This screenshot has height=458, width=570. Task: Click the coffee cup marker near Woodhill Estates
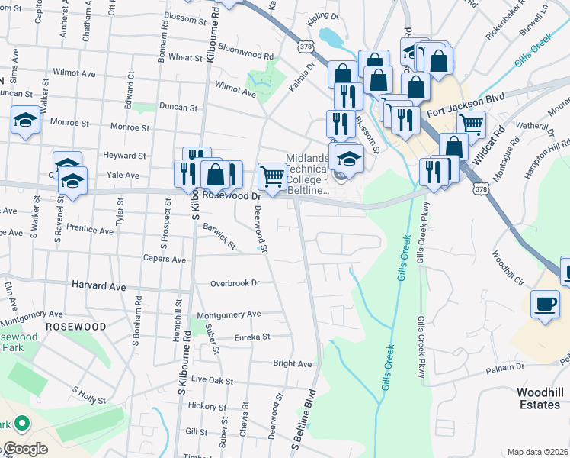(545, 304)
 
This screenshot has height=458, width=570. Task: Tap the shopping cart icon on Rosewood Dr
(272, 176)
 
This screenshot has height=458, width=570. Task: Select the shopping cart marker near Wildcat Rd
(472, 123)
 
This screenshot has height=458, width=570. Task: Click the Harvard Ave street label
(98, 285)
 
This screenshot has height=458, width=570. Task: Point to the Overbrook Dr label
(235, 282)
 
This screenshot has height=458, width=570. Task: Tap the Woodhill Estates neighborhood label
(539, 398)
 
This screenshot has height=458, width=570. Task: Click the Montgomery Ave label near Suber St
(229, 314)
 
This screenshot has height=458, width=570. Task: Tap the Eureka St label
(252, 337)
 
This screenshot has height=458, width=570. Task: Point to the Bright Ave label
(293, 363)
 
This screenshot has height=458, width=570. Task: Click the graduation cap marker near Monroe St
(25, 120)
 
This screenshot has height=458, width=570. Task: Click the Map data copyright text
(537, 452)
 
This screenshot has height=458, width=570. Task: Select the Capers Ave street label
(165, 259)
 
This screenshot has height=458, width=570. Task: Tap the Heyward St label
(124, 156)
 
